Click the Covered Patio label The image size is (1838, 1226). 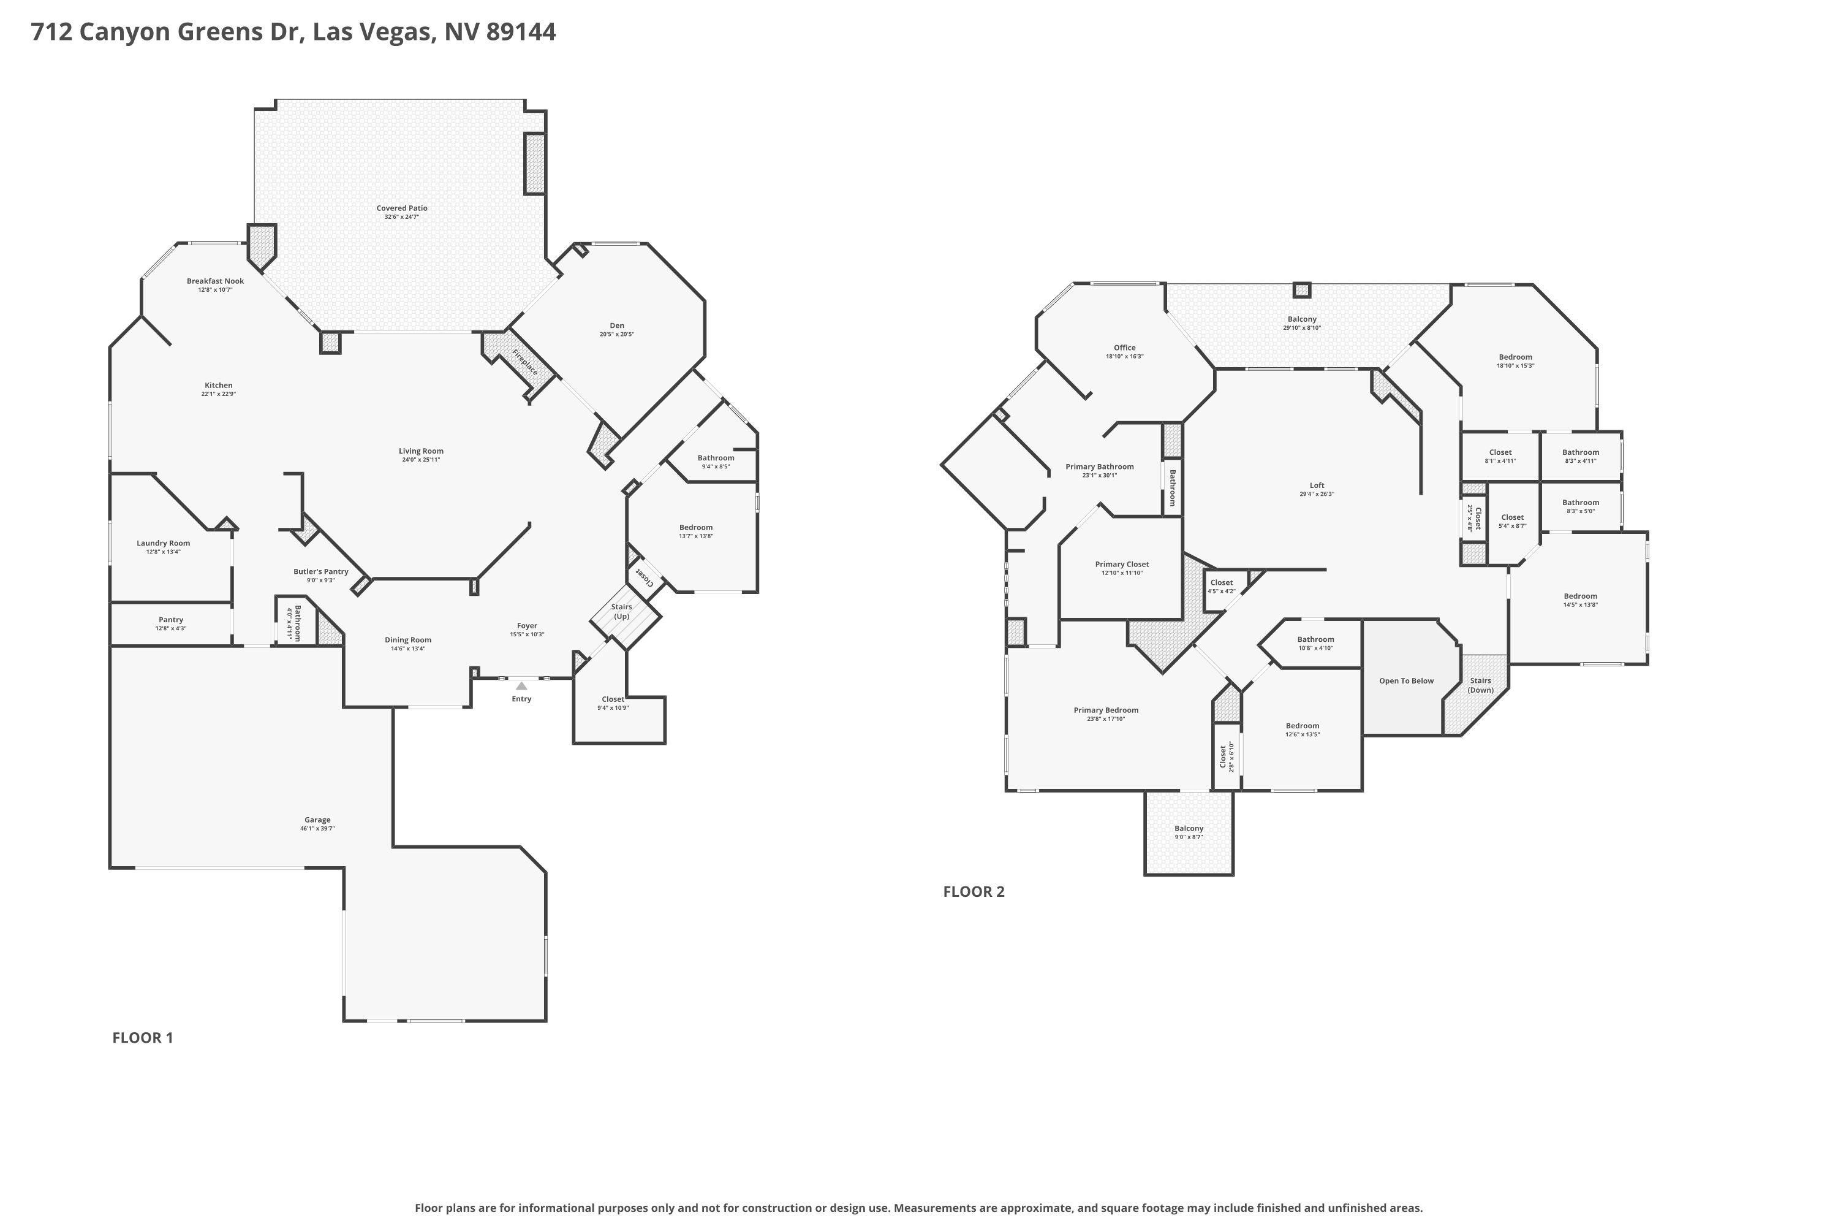402,208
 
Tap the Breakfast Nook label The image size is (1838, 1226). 215,281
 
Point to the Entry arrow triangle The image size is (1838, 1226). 521,686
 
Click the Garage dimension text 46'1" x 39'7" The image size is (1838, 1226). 317,828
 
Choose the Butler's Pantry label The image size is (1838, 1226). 320,571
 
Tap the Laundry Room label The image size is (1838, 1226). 164,543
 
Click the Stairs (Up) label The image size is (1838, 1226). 621,611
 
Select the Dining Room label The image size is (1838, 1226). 408,639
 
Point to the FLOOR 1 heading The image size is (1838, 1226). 142,1038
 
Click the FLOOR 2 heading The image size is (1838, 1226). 974,891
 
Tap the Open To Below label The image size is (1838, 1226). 1406,680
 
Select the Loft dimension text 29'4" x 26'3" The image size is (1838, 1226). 1317,494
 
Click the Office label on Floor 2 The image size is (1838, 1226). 1124,347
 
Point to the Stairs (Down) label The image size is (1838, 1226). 1480,685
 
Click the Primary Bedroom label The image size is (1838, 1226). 1106,710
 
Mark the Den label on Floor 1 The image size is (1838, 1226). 616,326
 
